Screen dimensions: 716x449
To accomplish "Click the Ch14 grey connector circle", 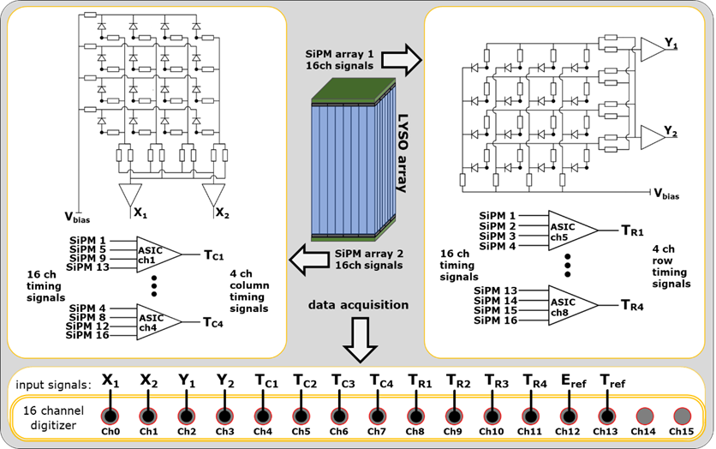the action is [x=643, y=416].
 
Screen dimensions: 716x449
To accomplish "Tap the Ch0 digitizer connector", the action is [x=110, y=416].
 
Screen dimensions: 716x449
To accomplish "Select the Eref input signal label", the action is [x=573, y=381].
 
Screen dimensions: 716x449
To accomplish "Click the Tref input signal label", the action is [x=612, y=381].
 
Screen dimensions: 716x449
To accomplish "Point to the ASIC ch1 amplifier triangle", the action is [x=158, y=254].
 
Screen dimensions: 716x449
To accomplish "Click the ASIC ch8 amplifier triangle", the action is [x=570, y=305].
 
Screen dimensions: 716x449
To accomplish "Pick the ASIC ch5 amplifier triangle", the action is [x=570, y=230].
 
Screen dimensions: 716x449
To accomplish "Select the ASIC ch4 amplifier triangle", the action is [x=158, y=322].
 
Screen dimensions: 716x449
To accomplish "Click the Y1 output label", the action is [x=671, y=44].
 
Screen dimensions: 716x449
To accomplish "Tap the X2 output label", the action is [x=222, y=213].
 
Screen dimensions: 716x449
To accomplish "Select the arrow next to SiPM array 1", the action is [x=402, y=59].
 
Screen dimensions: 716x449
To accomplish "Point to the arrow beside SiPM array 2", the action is [x=309, y=260].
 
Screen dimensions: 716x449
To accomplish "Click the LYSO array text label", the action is [x=402, y=153].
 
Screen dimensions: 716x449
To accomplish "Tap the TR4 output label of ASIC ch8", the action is [x=632, y=305].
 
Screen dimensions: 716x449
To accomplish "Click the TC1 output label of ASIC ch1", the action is [x=214, y=254].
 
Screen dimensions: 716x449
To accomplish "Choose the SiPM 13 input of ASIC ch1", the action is [x=87, y=267].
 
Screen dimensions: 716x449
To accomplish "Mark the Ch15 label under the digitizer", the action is [x=681, y=431].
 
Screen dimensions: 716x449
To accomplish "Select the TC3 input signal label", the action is [x=343, y=381].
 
